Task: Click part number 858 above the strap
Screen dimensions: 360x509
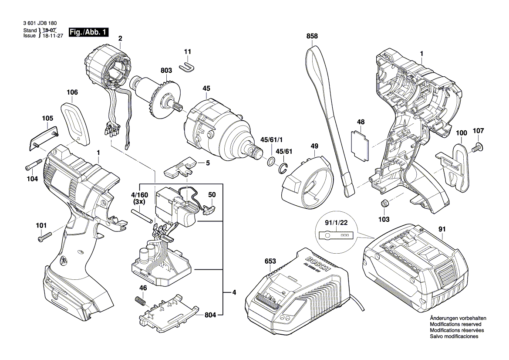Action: (x=312, y=37)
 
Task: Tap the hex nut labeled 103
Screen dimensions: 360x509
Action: (x=384, y=203)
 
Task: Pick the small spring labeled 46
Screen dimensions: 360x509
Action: (x=138, y=301)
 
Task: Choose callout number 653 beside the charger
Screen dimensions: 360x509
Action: (x=270, y=262)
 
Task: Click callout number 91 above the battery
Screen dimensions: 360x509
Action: (x=442, y=229)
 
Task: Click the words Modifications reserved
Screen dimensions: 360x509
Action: (x=455, y=325)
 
